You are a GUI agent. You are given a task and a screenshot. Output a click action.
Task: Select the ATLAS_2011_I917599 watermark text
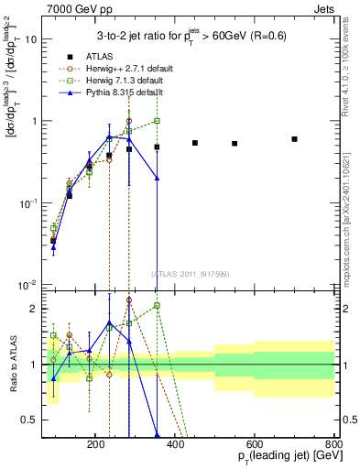pyautogui.click(x=190, y=274)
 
